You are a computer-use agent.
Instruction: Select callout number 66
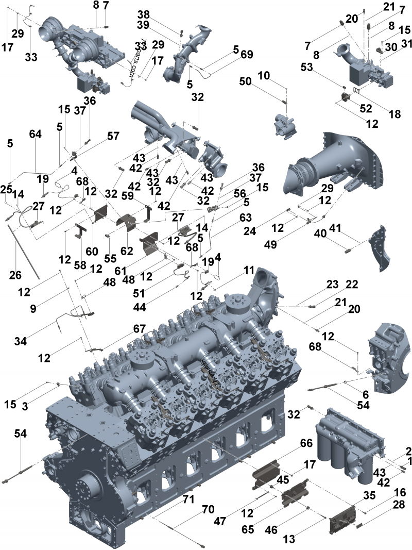306,444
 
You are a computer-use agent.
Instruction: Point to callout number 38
143,14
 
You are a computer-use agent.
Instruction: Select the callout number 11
249,269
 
